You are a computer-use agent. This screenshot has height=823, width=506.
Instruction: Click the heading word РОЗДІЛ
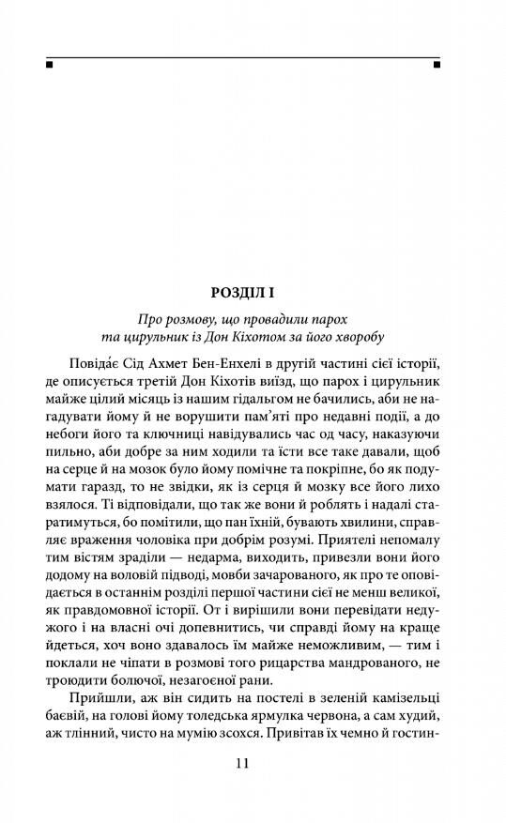[236, 293]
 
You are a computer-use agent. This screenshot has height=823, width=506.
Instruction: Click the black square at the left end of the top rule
[48, 66]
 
